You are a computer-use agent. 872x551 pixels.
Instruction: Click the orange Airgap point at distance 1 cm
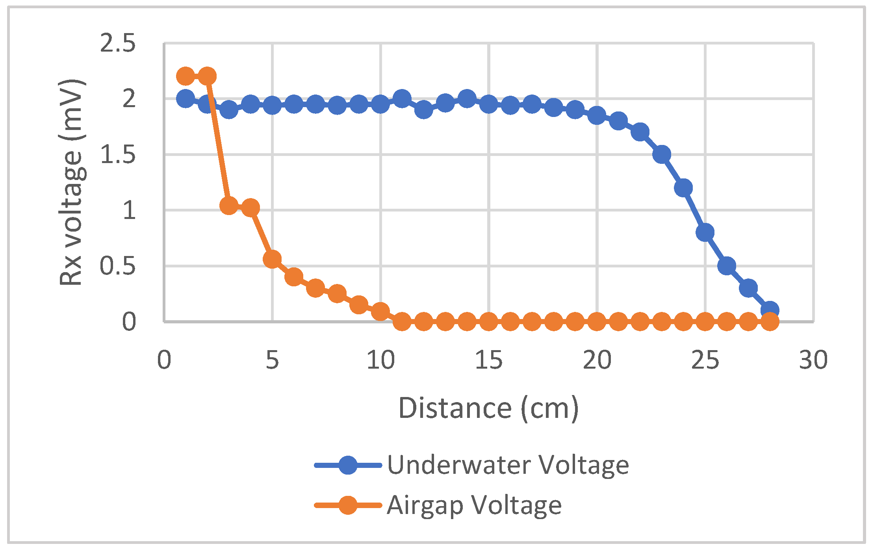186,76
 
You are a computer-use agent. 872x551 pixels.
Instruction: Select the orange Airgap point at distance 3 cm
229,205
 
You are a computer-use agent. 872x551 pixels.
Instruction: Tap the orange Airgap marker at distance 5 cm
272,259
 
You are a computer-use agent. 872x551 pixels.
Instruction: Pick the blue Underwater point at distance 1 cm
186,98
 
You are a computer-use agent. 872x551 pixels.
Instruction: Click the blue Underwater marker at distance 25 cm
705,232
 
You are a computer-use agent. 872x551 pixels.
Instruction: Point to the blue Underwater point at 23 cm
662,154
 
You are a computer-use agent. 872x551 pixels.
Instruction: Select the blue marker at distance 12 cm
424,109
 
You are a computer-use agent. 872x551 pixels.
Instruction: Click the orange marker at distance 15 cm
489,322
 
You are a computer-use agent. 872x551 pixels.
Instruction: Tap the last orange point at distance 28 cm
770,322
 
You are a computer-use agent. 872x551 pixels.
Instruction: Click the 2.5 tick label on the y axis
118,43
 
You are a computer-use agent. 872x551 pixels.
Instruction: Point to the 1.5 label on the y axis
118,155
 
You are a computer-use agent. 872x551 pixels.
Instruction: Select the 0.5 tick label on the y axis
118,266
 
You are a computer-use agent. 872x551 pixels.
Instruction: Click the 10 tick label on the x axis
380,360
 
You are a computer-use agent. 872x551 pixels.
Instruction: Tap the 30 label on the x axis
813,360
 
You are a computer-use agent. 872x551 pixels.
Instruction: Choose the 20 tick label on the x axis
597,360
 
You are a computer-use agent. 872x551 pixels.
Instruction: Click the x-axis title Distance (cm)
488,409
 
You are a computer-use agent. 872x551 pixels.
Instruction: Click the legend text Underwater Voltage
508,465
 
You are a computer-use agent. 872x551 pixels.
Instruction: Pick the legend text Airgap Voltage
474,505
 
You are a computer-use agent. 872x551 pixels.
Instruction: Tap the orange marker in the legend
348,505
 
